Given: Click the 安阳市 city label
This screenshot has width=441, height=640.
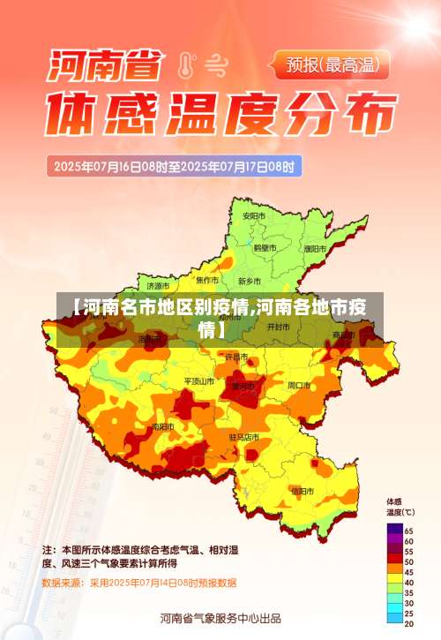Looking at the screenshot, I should pos(254,215).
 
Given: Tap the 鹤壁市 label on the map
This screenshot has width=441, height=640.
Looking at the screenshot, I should pos(265,248).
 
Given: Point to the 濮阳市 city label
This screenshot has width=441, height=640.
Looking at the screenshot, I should pos(313,249).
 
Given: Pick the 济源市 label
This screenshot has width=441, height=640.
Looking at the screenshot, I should pos(159,286).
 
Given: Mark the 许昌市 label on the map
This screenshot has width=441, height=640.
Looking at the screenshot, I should pos(236,357).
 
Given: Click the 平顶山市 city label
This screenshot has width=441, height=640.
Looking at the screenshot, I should pos(198,381).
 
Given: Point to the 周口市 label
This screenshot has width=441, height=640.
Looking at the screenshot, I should pos(299,385).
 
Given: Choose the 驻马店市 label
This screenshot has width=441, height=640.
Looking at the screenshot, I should pos(243,437).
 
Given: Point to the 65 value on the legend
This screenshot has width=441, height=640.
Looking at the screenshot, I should pos(408,530).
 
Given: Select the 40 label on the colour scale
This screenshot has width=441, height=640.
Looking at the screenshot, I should pos(408,582).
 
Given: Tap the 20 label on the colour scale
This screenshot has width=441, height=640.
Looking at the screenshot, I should pos(408,624).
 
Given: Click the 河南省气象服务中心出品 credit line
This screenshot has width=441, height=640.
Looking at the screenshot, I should pos(220,617).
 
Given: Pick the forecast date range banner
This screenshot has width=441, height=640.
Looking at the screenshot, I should pos(177,165).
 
